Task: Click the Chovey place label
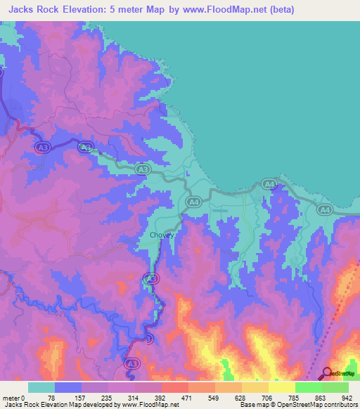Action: point(162,235)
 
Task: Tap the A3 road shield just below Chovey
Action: point(150,279)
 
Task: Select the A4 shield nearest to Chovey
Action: point(193,202)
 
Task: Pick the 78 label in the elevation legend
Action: point(51,397)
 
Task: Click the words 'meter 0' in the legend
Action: point(13,397)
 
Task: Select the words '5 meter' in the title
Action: point(138,9)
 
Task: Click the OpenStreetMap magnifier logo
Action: point(328,372)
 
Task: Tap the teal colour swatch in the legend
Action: point(41,387)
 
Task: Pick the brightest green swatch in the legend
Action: point(308,387)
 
